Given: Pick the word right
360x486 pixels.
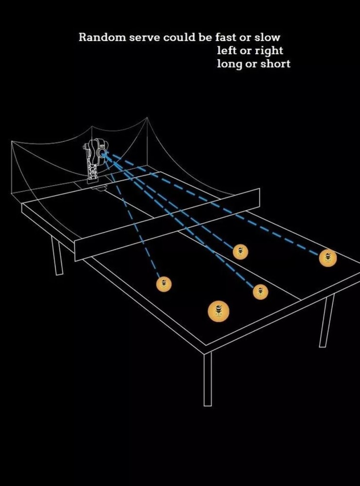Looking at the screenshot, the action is click(x=269, y=51).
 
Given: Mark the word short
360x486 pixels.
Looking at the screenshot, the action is click(x=275, y=64).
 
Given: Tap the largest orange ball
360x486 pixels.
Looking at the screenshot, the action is click(x=219, y=311).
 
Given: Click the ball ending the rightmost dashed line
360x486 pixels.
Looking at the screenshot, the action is click(x=328, y=258).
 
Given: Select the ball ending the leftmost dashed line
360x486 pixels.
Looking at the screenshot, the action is click(x=164, y=284).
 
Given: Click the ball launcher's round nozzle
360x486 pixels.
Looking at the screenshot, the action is click(x=102, y=152).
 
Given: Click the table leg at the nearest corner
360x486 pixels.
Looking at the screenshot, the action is click(x=207, y=379).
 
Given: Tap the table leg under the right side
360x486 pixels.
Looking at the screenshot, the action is click(x=327, y=320).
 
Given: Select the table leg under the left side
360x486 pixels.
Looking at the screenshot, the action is click(x=57, y=256).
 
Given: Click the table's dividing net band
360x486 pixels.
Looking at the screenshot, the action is click(x=167, y=225).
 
